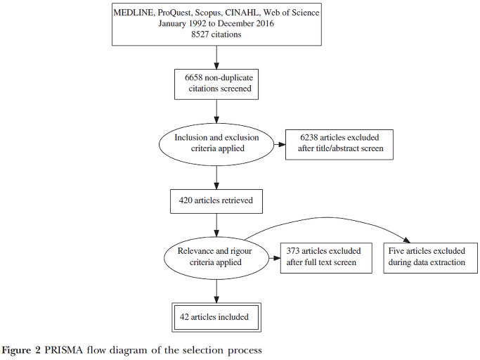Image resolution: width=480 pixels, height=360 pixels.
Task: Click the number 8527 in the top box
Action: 200,34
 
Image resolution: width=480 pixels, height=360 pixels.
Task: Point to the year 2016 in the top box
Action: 266,24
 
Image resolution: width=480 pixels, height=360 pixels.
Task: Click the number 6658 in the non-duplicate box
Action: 193,77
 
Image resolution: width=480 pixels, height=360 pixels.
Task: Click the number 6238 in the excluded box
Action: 309,138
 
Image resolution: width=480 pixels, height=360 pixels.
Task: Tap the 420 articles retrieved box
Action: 216,201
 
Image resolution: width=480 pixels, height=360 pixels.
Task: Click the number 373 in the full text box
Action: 293,251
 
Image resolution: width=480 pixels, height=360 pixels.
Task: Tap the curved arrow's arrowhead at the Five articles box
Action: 407,240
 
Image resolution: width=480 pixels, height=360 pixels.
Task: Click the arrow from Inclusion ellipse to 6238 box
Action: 280,144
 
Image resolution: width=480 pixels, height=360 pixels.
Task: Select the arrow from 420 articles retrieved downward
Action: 216,225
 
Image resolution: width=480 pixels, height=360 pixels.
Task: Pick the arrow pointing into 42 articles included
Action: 216,291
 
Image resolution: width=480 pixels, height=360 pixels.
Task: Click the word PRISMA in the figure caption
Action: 64,350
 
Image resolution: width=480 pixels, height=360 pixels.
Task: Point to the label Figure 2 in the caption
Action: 21,350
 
